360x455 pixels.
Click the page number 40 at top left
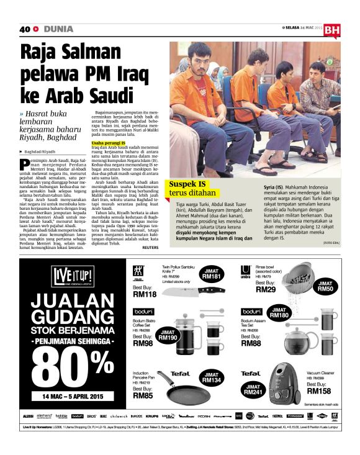pos(25,29)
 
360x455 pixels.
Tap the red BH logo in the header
pos(332,30)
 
